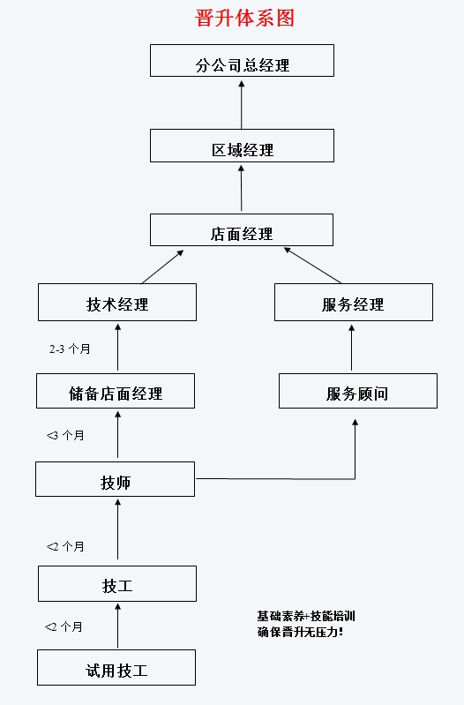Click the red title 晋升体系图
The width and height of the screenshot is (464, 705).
(x=244, y=19)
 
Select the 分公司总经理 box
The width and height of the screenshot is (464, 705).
(x=242, y=61)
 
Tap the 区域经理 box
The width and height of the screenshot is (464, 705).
(x=242, y=146)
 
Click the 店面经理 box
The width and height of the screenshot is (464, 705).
(x=242, y=229)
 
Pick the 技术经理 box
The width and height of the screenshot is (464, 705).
(x=117, y=302)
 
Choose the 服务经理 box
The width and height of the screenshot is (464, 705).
(x=354, y=302)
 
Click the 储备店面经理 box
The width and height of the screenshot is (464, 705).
(x=116, y=391)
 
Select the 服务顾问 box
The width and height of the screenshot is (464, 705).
(x=358, y=391)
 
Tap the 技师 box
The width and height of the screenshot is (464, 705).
(x=115, y=479)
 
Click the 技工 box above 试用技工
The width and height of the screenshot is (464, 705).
(x=117, y=583)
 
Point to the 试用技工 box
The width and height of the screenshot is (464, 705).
(x=116, y=667)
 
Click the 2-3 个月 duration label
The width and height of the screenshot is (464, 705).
(x=70, y=349)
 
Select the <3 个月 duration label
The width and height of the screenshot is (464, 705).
(x=65, y=435)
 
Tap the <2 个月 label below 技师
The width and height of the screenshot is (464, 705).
(x=65, y=546)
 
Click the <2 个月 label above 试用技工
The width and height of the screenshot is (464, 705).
(x=64, y=626)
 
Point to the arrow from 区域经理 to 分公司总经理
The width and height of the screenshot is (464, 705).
(x=242, y=105)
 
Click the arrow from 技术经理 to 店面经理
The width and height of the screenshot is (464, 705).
(x=162, y=266)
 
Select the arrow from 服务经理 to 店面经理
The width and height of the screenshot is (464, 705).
(x=312, y=266)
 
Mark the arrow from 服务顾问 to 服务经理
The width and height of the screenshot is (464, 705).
(x=352, y=348)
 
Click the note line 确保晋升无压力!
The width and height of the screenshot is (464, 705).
(x=300, y=632)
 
